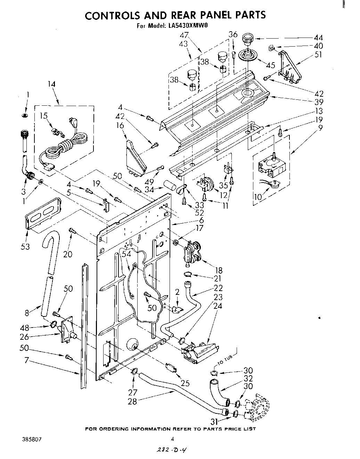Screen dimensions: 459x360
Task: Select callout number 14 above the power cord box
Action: [51, 84]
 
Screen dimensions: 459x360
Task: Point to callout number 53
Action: [25, 247]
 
